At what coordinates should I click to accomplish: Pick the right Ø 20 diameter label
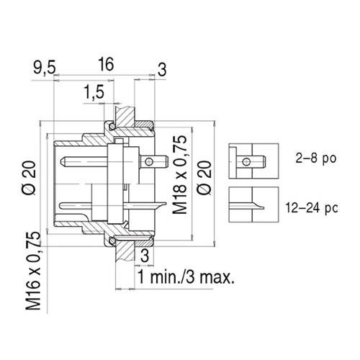(204, 176)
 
